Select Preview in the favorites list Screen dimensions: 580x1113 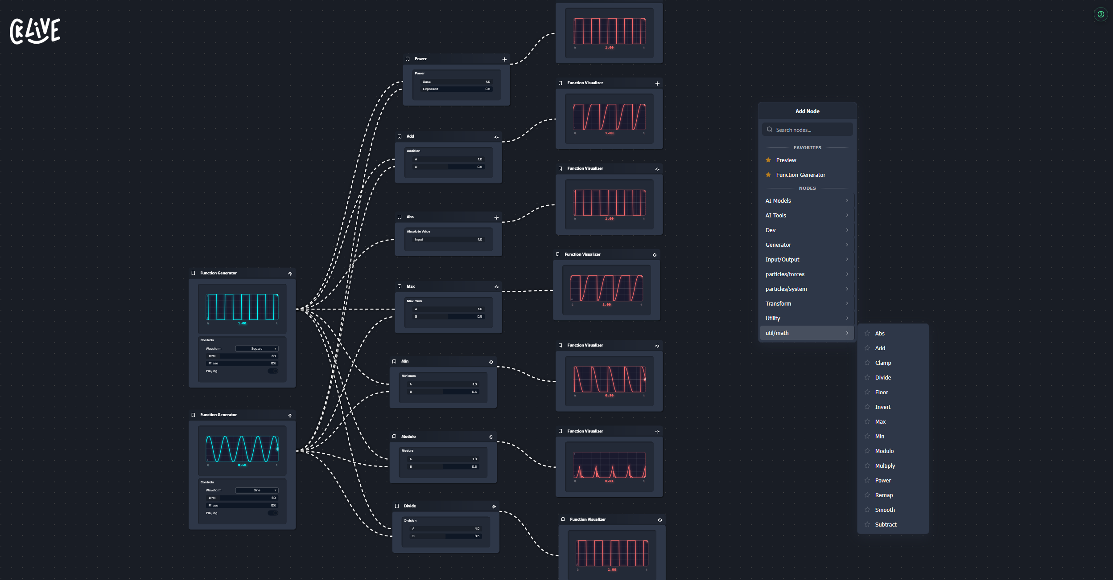coord(786,160)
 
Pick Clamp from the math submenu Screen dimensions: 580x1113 coord(882,363)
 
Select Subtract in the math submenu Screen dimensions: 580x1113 coord(885,525)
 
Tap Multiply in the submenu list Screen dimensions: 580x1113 coord(885,466)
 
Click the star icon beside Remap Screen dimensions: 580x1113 coord(867,495)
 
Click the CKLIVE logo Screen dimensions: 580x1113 coord(35,31)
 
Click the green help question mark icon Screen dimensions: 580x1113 coord(1101,14)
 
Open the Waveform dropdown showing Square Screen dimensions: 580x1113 coord(257,349)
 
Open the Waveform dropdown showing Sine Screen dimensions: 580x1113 coord(257,490)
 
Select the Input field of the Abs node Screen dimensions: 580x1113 coord(448,240)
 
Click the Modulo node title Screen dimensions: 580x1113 coord(408,437)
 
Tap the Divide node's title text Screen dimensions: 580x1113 coord(410,506)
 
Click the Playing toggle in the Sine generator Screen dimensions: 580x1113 coord(273,513)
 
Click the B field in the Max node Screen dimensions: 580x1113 coord(448,317)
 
